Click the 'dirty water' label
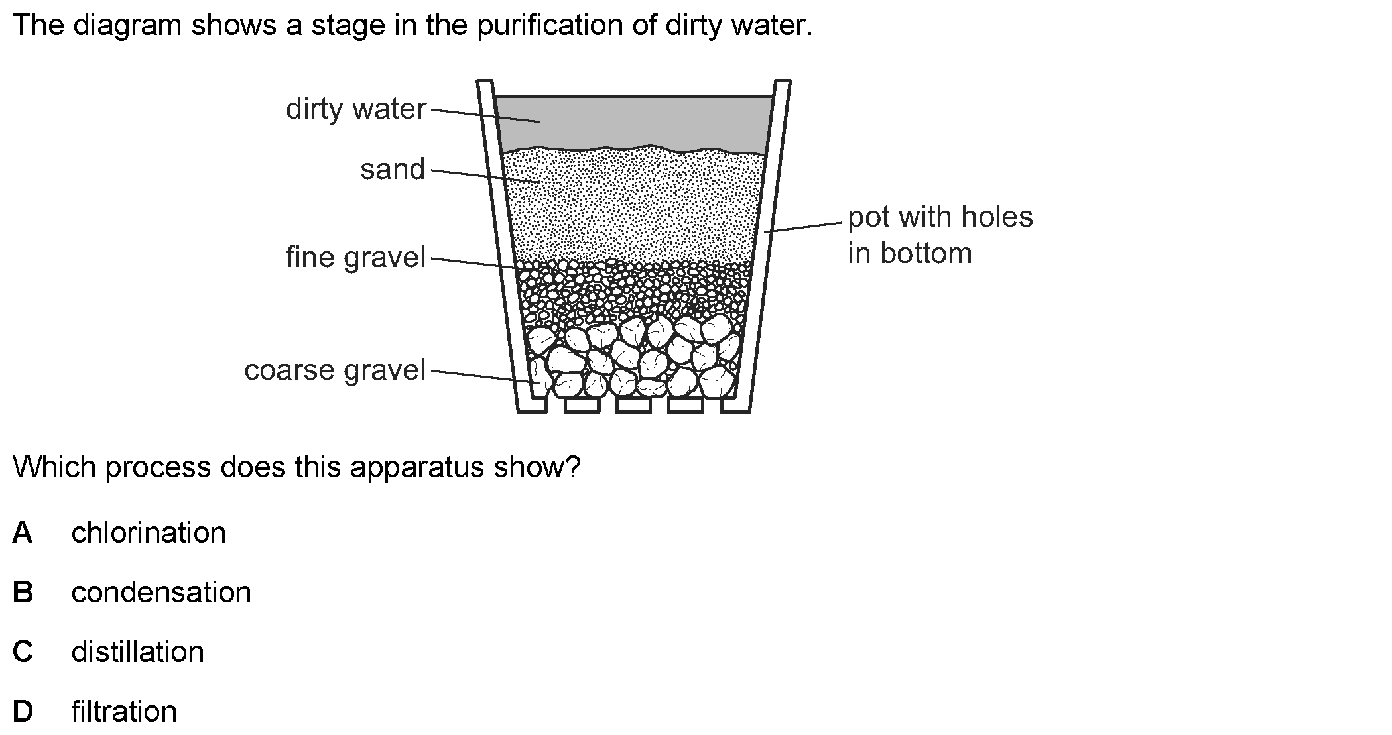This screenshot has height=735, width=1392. [x=355, y=109]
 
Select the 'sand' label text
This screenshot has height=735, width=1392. [x=393, y=170]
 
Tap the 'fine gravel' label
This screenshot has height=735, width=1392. [x=355, y=258]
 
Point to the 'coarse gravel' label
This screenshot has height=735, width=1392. [x=335, y=370]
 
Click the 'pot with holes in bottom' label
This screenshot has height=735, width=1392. [x=940, y=235]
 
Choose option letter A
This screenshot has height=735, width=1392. [x=22, y=533]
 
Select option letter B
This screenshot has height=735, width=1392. [x=23, y=593]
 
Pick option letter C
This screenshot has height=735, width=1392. [x=23, y=652]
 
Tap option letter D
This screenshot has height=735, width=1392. [x=23, y=712]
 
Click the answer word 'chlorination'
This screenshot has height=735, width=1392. [x=149, y=533]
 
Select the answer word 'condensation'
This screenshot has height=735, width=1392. [x=161, y=593]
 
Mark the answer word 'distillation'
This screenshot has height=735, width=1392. [x=138, y=652]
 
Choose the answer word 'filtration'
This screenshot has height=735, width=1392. [x=124, y=712]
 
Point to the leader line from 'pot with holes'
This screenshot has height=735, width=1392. [x=802, y=227]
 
